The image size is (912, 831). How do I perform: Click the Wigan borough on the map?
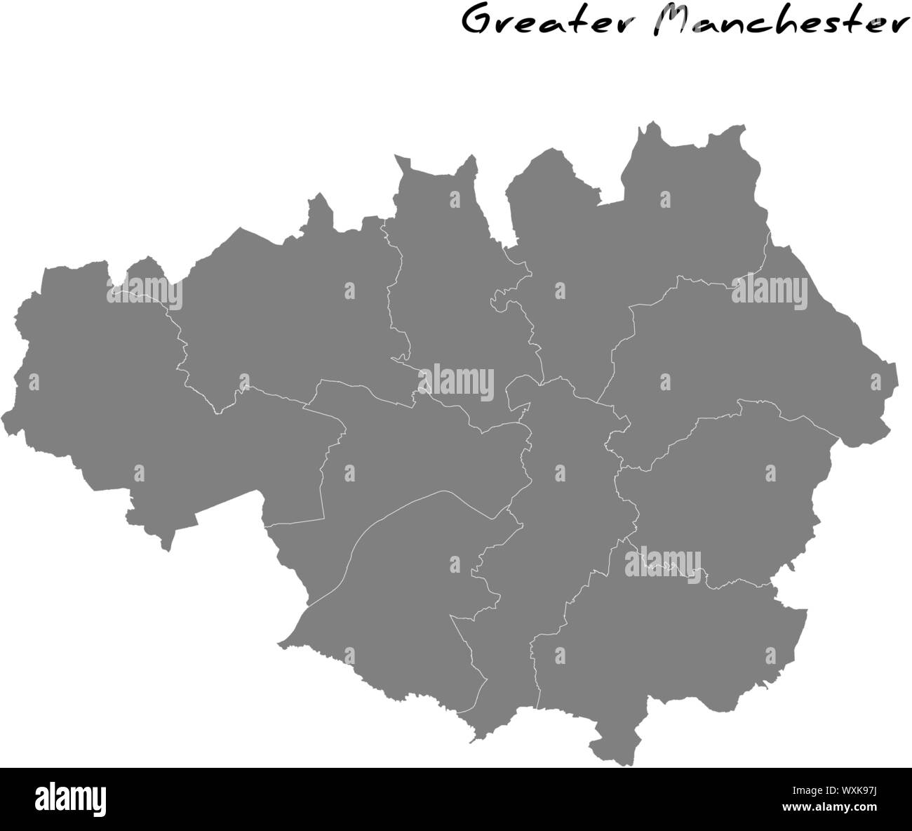(x=105, y=393)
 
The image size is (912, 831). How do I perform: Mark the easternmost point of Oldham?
(x=896, y=383)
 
